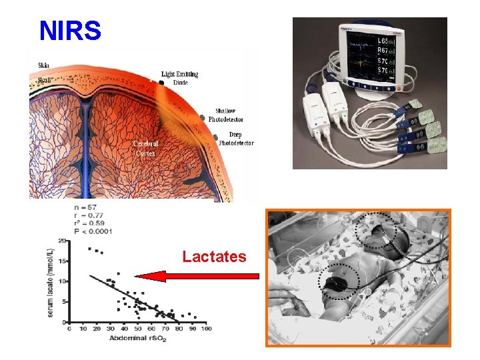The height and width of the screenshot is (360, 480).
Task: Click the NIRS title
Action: pyautogui.click(x=70, y=30)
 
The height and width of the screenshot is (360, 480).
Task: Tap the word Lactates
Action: pyautogui.click(x=214, y=257)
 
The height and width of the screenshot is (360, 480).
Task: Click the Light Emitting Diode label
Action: pyautogui.click(x=179, y=78)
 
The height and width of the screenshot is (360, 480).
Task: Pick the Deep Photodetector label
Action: pyautogui.click(x=236, y=139)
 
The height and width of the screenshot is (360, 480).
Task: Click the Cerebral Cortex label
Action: pyautogui.click(x=145, y=147)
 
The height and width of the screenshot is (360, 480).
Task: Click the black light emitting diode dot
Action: pyautogui.click(x=161, y=83)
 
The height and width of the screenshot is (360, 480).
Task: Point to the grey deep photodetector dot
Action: pyautogui.click(x=215, y=139)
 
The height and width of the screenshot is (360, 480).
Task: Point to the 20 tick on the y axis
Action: pyautogui.click(x=61, y=241)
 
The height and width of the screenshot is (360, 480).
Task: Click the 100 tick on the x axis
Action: pyautogui.click(x=206, y=329)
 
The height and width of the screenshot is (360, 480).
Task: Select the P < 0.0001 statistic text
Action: pyautogui.click(x=93, y=231)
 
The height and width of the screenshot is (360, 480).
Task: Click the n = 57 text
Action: pyautogui.click(x=87, y=207)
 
